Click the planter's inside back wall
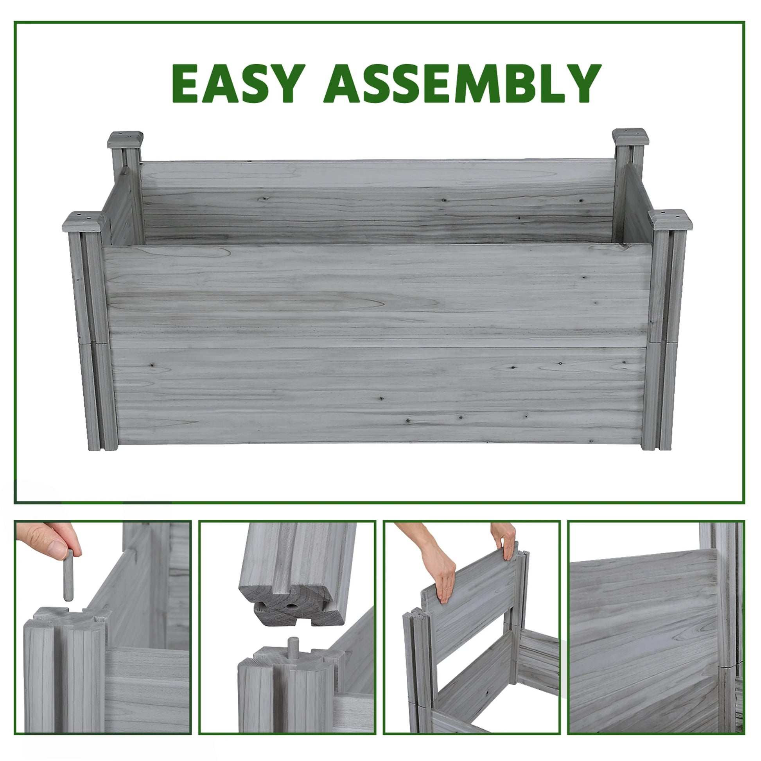click(x=378, y=201)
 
